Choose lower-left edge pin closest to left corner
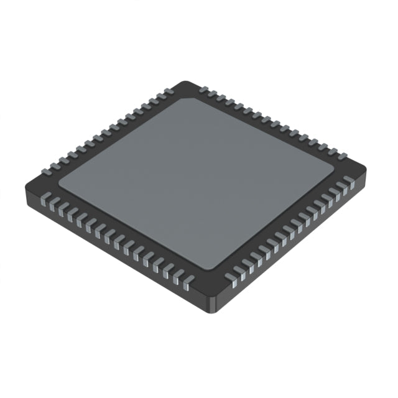[x=45, y=200]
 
